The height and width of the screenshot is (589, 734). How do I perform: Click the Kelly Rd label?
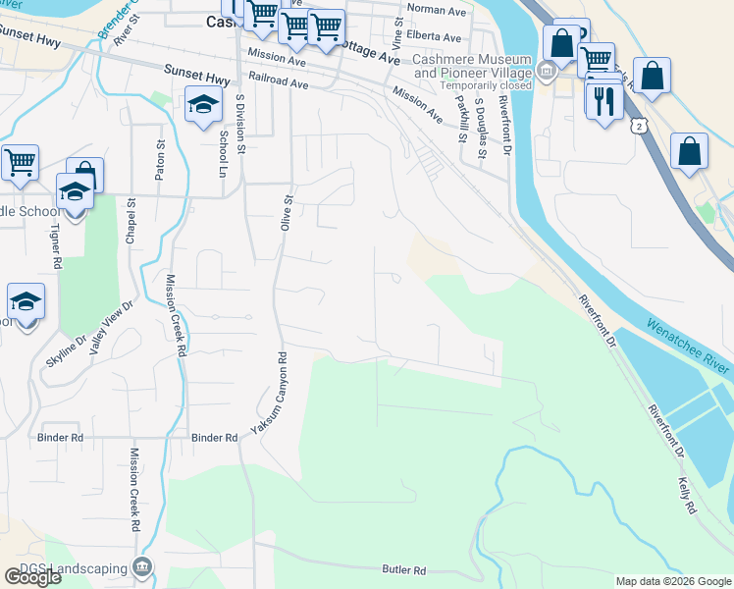coord(686,497)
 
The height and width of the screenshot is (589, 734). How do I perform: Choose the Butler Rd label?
coord(404,569)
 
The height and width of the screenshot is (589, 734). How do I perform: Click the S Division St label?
coord(240,126)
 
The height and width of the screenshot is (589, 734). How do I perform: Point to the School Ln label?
coord(224,152)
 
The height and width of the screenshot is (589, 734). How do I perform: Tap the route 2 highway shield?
coord(640,126)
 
